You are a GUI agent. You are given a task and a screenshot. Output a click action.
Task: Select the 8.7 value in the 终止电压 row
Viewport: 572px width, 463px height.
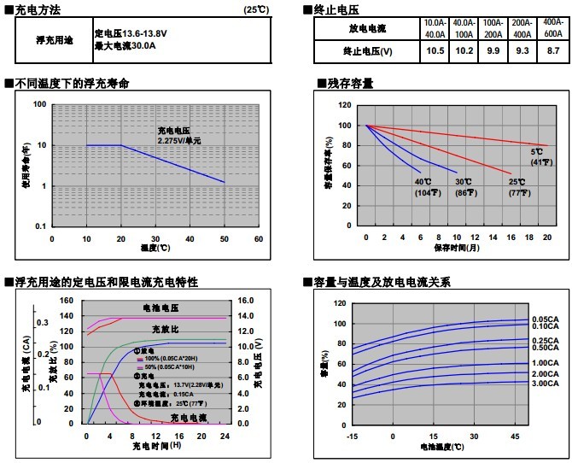(x=553, y=50)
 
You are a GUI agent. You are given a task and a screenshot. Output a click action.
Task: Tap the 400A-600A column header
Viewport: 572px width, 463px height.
(x=553, y=27)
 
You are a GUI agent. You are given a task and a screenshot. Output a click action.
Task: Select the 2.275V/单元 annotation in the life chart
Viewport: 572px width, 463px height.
(x=179, y=139)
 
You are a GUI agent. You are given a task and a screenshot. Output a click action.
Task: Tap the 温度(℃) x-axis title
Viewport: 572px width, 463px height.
(x=155, y=249)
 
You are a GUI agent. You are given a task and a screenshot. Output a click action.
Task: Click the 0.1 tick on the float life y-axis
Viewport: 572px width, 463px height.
(x=39, y=227)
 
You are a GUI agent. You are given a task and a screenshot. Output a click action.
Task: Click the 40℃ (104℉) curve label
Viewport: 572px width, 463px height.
(x=423, y=187)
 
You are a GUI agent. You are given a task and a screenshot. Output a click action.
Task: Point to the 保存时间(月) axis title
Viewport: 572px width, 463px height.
(x=456, y=248)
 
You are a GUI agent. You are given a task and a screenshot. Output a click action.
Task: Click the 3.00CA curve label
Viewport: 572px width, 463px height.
(x=546, y=384)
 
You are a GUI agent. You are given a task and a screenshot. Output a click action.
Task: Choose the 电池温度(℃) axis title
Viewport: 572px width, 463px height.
(x=442, y=447)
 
